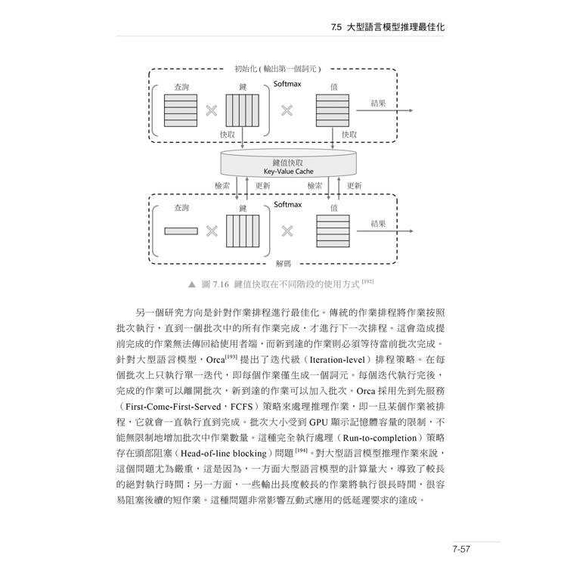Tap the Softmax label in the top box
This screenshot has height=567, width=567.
(x=287, y=84)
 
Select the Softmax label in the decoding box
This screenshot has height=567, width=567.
(x=287, y=205)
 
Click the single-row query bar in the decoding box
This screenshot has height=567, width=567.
(x=181, y=231)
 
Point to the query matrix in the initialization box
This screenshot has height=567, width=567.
(x=181, y=110)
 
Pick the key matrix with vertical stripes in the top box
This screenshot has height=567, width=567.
(x=242, y=110)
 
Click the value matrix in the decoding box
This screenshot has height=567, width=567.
(x=333, y=231)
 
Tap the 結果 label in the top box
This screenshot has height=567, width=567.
(x=378, y=103)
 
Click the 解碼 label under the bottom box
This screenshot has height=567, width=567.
(x=283, y=264)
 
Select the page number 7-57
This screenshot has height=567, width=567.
(x=461, y=549)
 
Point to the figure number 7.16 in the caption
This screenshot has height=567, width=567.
(x=221, y=284)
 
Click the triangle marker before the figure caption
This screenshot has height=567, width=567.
(x=192, y=284)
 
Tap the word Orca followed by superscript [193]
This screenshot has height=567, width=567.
(x=215, y=360)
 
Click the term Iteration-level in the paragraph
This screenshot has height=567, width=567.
(x=337, y=360)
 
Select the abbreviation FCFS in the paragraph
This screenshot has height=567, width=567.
(x=242, y=407)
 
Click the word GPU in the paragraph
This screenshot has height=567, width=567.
(x=318, y=423)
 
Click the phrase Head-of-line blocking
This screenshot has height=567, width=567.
(x=224, y=454)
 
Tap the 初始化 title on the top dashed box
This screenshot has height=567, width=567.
(x=245, y=69)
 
